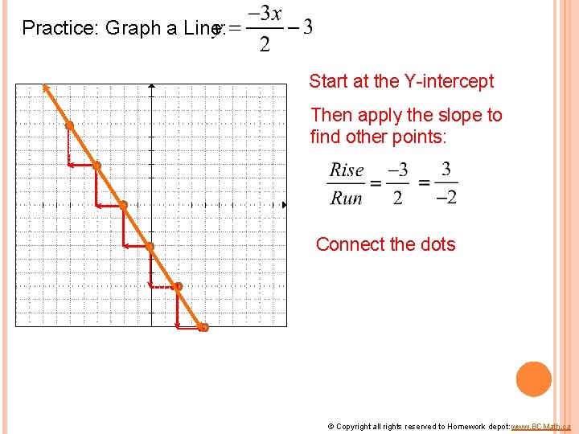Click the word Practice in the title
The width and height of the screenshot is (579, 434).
(x=56, y=28)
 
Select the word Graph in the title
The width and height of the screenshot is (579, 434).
(x=129, y=28)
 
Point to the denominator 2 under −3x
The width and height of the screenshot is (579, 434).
(x=265, y=44)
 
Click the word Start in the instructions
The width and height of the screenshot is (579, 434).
(x=329, y=81)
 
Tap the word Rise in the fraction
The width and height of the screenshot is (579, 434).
(x=347, y=170)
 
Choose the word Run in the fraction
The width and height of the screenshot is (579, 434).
(x=347, y=198)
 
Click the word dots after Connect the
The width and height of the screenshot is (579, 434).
(x=435, y=244)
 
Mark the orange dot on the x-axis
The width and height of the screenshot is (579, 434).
(x=123, y=205)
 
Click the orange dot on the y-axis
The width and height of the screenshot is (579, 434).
(x=150, y=246)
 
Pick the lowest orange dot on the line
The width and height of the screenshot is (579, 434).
(x=203, y=327)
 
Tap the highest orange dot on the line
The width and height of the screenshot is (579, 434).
(x=69, y=125)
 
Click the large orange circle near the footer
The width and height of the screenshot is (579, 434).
(x=533, y=379)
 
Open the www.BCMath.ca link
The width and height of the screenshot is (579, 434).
(x=540, y=426)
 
